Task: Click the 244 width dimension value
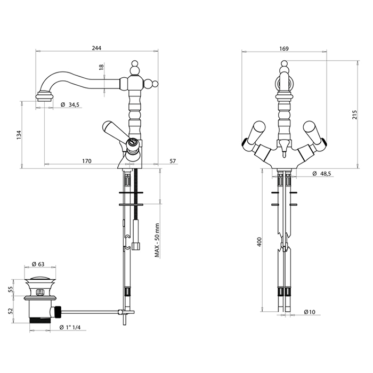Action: (x=96, y=48)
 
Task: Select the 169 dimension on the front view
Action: (x=284, y=49)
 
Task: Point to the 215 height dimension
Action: (x=355, y=115)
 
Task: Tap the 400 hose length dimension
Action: (x=260, y=242)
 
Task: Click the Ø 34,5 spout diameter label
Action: (x=70, y=104)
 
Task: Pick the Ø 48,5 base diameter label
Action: (x=322, y=174)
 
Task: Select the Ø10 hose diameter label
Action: (x=310, y=312)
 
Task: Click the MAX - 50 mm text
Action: (x=157, y=240)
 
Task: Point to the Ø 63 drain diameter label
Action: (x=38, y=264)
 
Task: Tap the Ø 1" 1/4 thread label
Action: (x=70, y=327)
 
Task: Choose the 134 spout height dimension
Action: (x=19, y=135)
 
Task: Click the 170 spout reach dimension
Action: (x=87, y=161)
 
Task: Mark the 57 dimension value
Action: (x=173, y=161)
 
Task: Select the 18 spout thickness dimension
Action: (x=102, y=67)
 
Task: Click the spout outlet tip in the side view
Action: (x=44, y=98)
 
